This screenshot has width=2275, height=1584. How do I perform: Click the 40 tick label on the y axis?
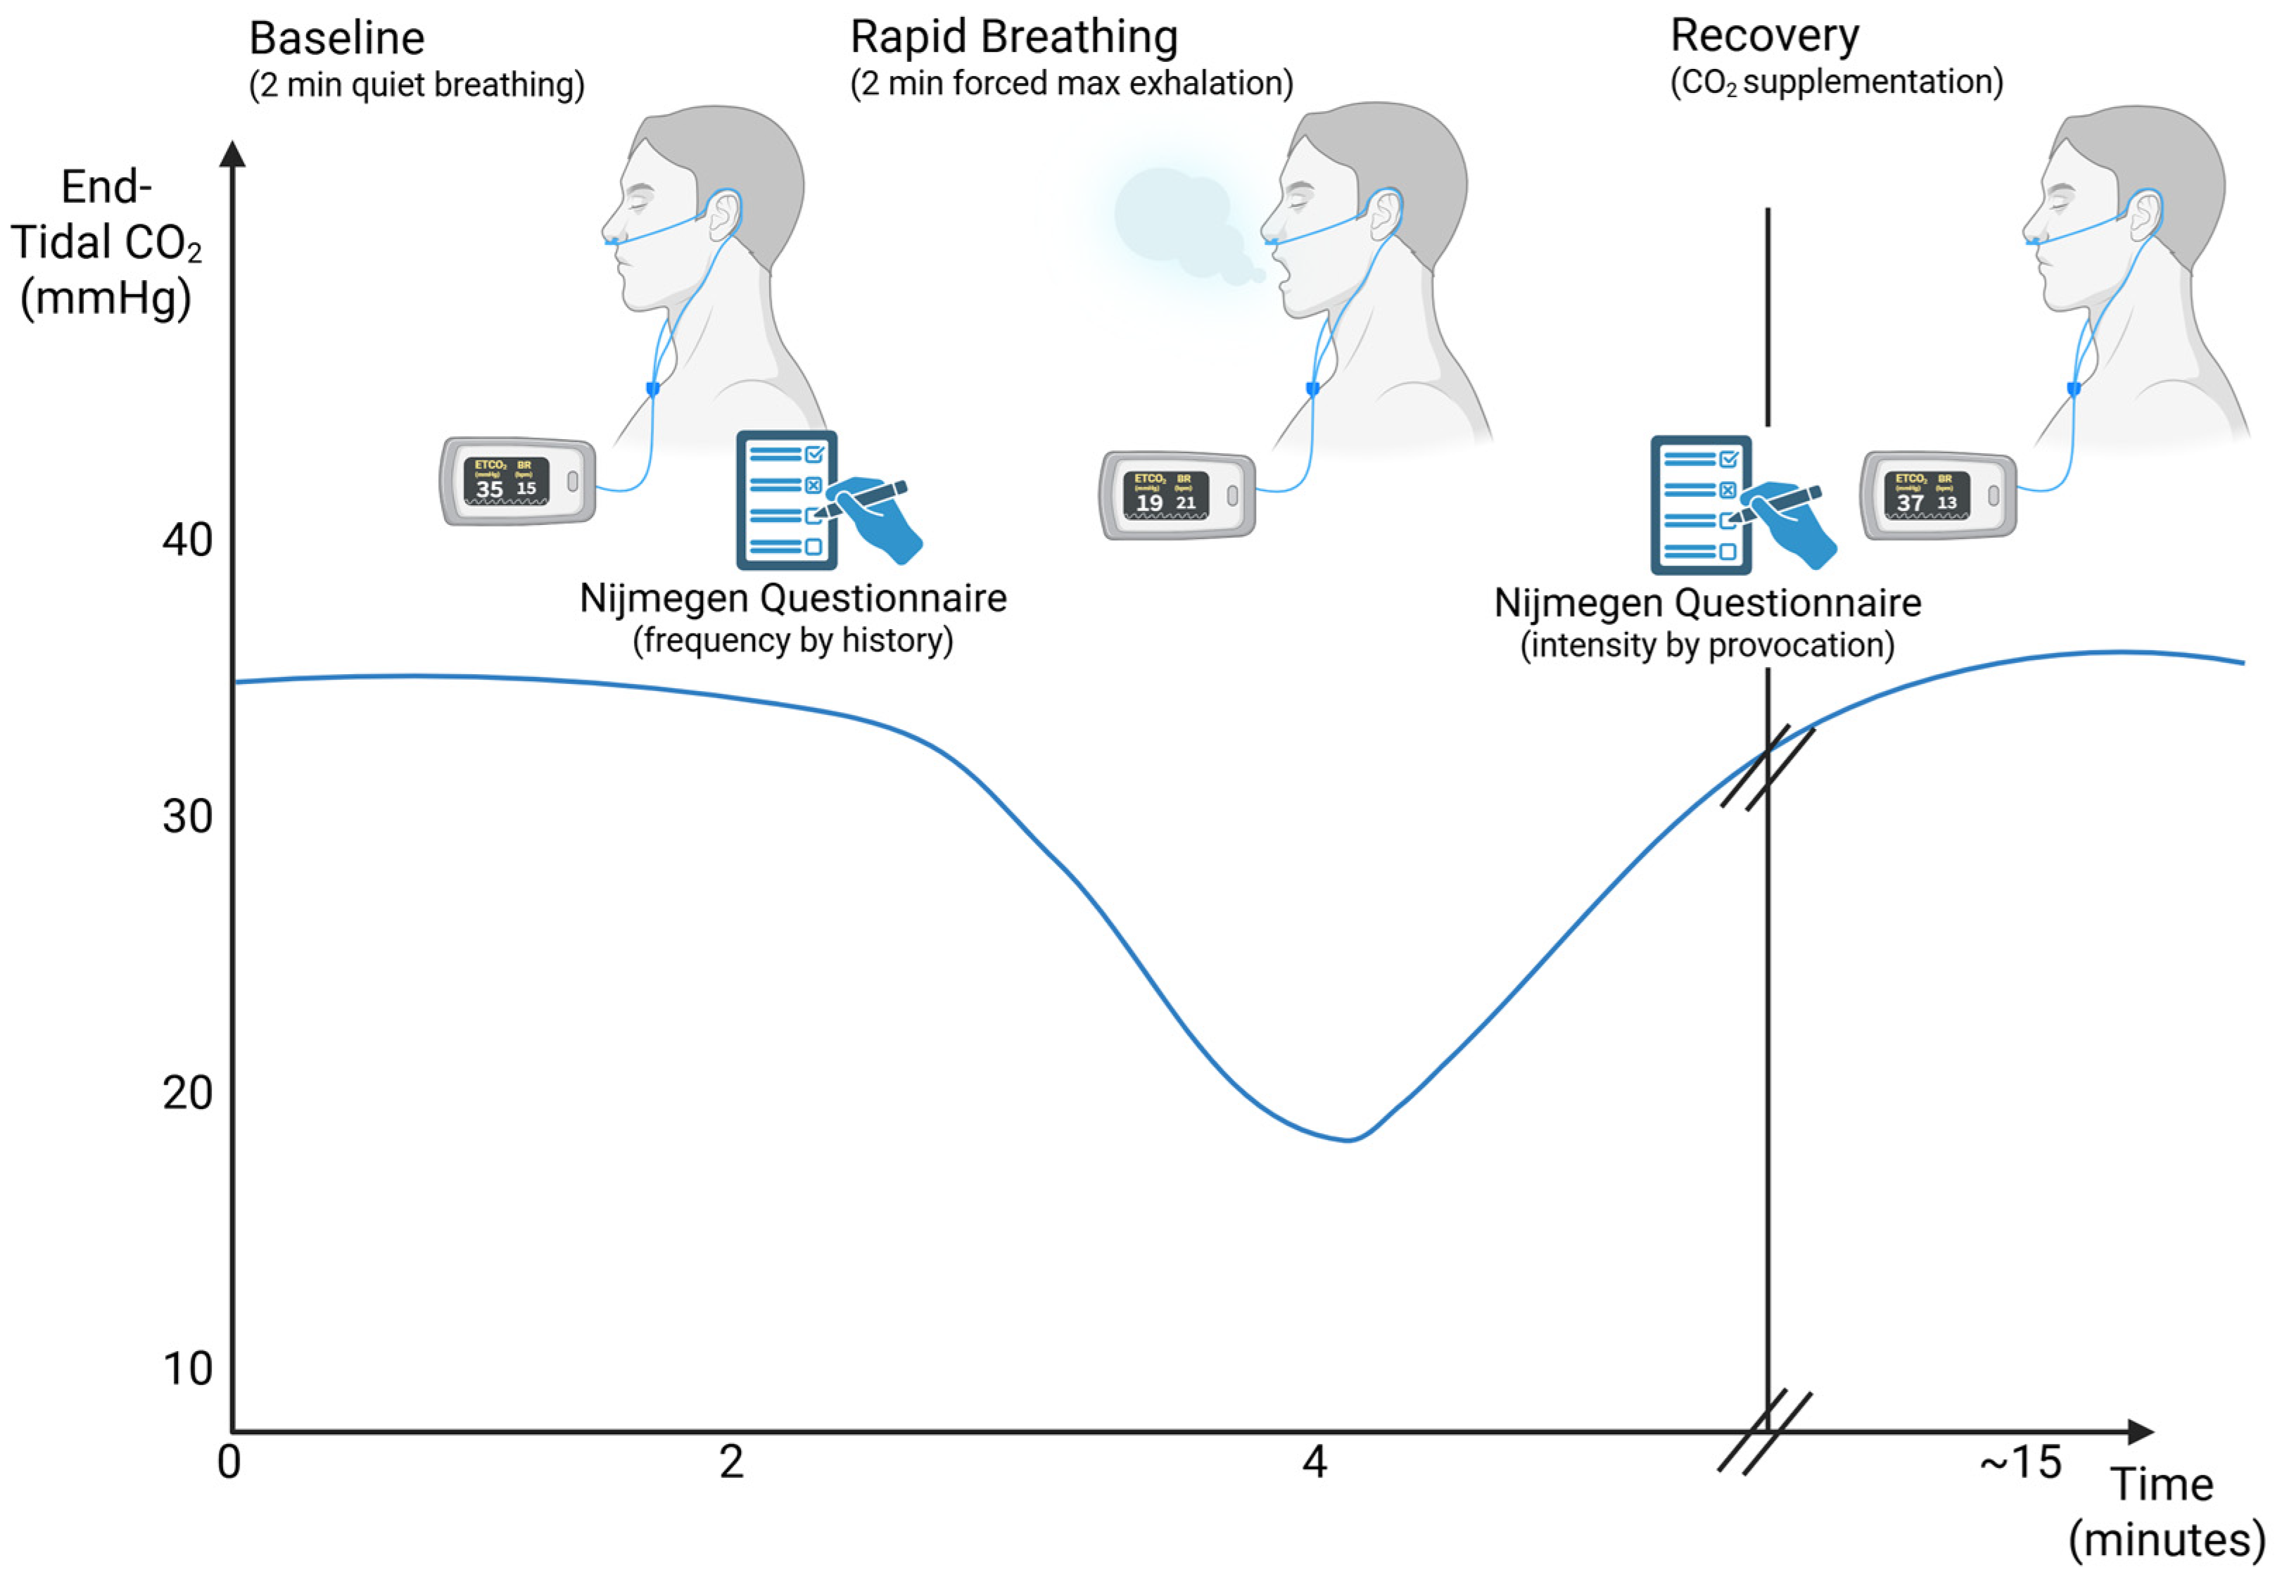pyautogui.click(x=187, y=541)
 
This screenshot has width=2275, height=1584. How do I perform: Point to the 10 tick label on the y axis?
pyautogui.click(x=187, y=1369)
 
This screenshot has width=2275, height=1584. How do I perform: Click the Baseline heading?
pyautogui.click(x=337, y=39)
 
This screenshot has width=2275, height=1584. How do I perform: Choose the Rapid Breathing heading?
pyautogui.click(x=1013, y=37)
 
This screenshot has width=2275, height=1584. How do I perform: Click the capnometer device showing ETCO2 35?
pyautogui.click(x=518, y=481)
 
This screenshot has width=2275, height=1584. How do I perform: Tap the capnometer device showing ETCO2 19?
pyautogui.click(x=1177, y=495)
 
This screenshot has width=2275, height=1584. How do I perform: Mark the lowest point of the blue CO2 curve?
pyautogui.click(x=1348, y=1139)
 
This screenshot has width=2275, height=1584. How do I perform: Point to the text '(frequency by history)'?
pyautogui.click(x=792, y=641)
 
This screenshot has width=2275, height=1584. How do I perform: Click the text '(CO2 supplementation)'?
pyautogui.click(x=1836, y=82)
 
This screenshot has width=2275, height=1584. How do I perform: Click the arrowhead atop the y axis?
pyautogui.click(x=233, y=153)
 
